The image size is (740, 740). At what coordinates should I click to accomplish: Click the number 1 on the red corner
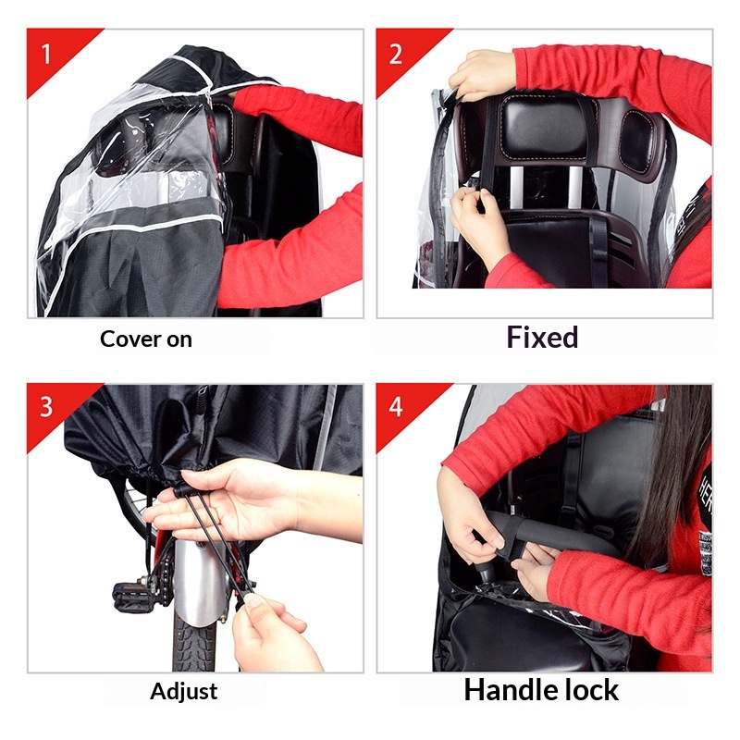click(45, 55)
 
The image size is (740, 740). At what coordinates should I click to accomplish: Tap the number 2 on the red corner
click(396, 55)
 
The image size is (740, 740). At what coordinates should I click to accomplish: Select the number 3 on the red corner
click(46, 407)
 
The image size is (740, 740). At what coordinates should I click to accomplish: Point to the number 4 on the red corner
click(396, 407)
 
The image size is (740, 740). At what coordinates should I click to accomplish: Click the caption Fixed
click(542, 338)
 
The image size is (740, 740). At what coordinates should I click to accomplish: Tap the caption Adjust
click(183, 692)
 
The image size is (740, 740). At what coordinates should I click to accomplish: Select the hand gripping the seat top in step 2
click(482, 75)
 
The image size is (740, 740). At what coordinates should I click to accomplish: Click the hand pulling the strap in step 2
click(475, 222)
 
